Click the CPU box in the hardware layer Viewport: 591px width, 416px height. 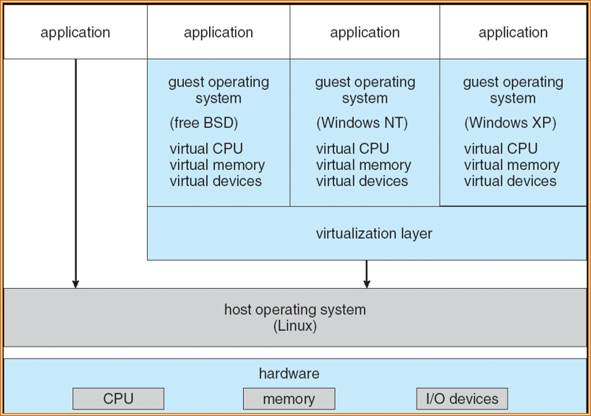(118, 399)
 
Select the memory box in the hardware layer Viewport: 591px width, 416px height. (289, 399)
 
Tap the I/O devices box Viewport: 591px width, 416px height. (462, 399)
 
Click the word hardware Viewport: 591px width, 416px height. (289, 374)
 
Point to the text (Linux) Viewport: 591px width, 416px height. (295, 326)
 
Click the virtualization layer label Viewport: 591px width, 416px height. (374, 233)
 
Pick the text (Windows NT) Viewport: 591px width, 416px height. (362, 123)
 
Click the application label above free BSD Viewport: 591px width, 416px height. (219, 33)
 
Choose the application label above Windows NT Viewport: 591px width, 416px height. (365, 33)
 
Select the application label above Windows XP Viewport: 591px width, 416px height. (513, 33)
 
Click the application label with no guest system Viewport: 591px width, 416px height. (75, 33)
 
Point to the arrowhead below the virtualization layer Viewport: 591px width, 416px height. (366, 283)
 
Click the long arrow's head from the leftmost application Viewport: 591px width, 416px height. (75, 283)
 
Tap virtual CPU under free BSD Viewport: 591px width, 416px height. (206, 149)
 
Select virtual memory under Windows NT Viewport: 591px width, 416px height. (363, 165)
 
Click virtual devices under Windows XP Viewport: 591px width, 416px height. (510, 181)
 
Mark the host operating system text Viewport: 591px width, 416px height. (295, 310)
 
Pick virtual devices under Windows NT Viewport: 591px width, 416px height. (362, 181)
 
